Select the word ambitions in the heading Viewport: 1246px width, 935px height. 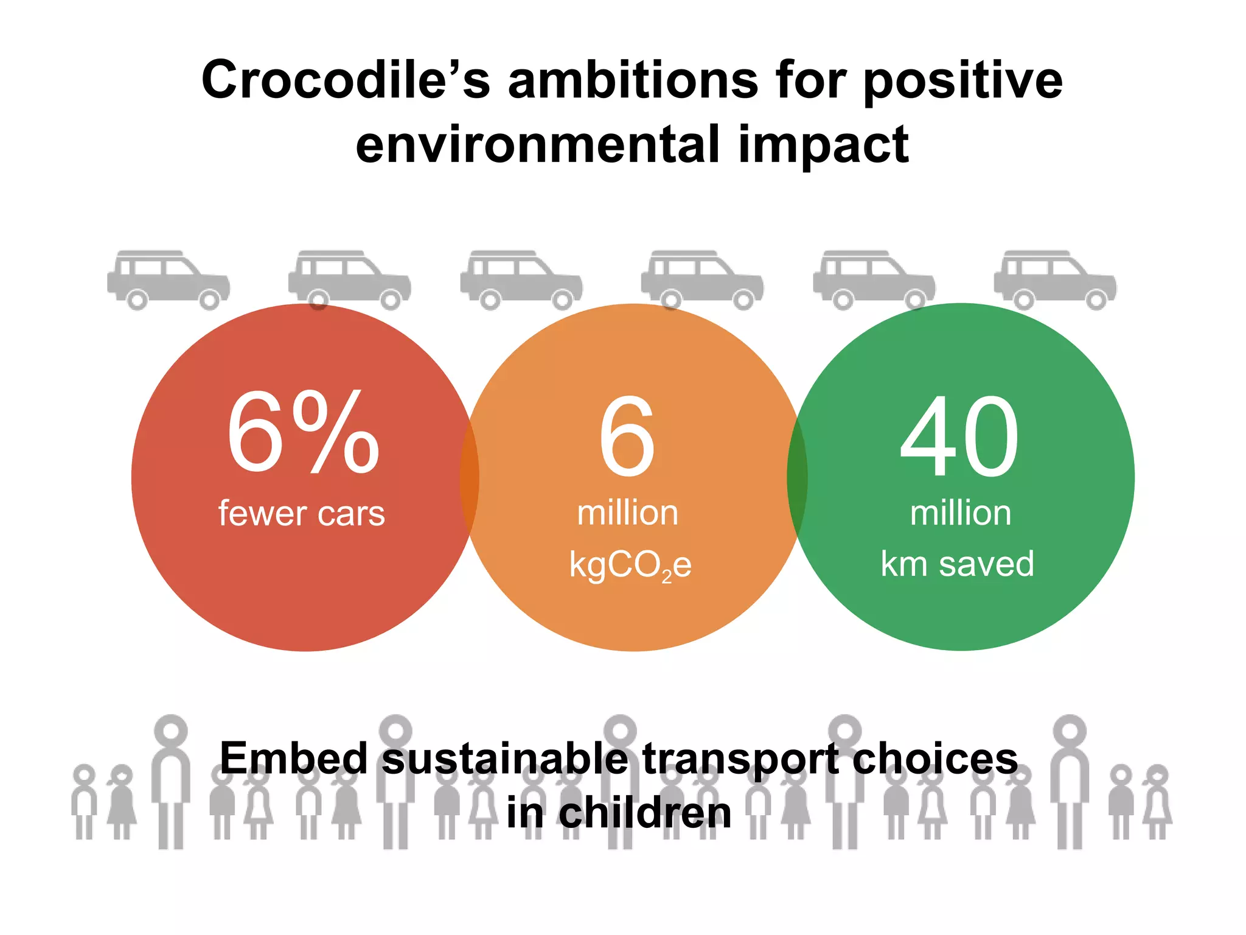coord(633,80)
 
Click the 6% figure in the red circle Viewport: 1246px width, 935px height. coord(303,433)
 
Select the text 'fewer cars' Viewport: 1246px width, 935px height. coord(302,513)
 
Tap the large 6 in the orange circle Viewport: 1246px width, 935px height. coord(627,436)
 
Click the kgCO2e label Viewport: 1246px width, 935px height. coord(630,565)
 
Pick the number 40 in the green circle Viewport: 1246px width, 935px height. coord(959,436)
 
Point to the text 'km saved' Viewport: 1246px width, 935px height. coord(957,564)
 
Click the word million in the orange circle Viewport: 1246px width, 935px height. coord(627,513)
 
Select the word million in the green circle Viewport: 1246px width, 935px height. coord(960,513)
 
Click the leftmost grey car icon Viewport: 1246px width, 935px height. coord(169,279)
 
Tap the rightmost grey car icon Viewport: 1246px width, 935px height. coord(1055,279)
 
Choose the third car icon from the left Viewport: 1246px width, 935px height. coord(521,279)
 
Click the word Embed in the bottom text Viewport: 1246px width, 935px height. coord(294,758)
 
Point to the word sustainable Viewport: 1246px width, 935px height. coord(505,758)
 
